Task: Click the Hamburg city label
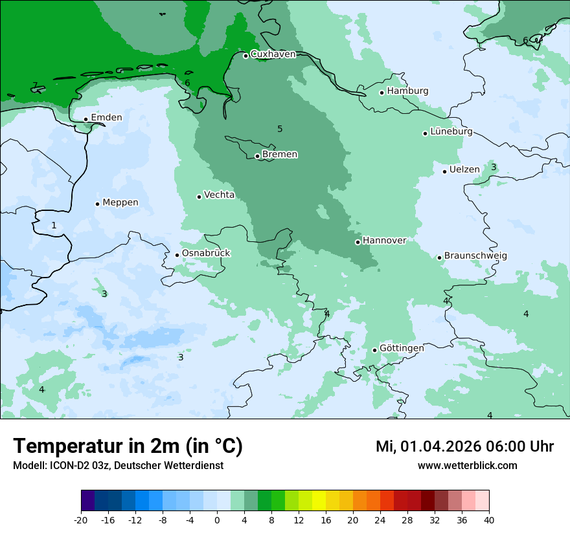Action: tap(407, 91)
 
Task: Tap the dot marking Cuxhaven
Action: tap(245, 56)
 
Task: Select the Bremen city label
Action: tap(280, 155)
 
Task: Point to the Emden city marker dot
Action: tap(85, 119)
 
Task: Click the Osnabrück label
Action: tap(206, 253)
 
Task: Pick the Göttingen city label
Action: tap(402, 348)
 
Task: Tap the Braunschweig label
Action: tap(475, 256)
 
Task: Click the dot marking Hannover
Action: tap(358, 242)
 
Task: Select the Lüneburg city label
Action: tap(451, 131)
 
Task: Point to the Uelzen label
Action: tap(464, 170)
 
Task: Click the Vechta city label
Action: tap(220, 195)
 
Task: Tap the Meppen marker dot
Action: tap(97, 204)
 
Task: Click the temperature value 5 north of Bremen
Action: tap(280, 129)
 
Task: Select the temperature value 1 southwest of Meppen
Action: tap(54, 225)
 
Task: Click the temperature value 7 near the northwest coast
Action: tap(34, 85)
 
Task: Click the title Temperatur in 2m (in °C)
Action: tap(128, 446)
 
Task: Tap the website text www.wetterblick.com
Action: tap(467, 466)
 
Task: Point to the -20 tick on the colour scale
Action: tap(81, 520)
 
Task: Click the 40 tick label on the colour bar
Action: tap(489, 520)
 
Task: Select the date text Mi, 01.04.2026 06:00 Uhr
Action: tap(464, 446)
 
